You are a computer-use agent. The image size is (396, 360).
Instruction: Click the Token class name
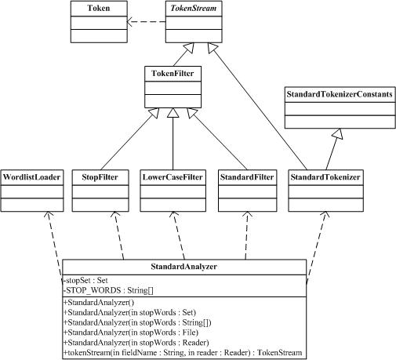click(99, 8)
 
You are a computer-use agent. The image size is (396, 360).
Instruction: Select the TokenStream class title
click(194, 8)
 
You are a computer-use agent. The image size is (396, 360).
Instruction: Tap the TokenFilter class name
click(173, 74)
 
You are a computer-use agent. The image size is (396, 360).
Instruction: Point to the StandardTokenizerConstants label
click(340, 94)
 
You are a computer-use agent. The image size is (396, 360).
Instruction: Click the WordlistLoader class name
click(31, 177)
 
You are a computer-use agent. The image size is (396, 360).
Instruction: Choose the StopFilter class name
click(100, 177)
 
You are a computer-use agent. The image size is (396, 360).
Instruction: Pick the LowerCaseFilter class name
click(173, 177)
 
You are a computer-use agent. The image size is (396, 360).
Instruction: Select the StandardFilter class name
click(247, 177)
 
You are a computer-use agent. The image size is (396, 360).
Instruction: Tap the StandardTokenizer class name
click(325, 177)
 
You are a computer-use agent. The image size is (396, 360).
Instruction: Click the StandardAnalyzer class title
click(184, 267)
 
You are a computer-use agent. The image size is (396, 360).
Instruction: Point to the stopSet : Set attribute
click(85, 281)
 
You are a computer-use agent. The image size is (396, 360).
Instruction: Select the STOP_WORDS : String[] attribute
click(108, 290)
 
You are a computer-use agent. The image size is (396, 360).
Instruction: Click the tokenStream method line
click(183, 353)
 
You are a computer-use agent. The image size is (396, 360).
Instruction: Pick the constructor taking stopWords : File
click(131, 333)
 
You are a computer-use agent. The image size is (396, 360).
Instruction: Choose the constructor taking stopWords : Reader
click(136, 343)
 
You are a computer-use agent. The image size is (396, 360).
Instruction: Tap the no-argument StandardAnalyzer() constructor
click(99, 303)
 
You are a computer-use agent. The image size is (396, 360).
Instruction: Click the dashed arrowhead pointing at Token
click(130, 22)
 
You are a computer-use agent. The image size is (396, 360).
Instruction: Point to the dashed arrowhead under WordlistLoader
click(49, 214)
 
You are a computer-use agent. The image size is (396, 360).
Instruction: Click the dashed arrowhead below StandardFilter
click(247, 214)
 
